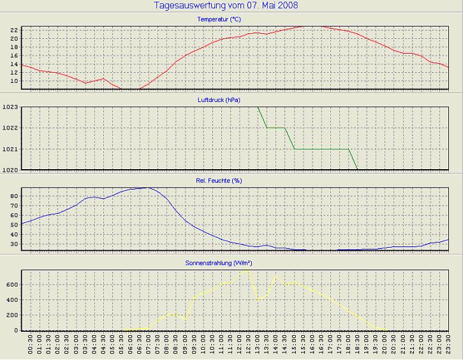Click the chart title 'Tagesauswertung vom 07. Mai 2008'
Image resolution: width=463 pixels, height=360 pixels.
click(226, 6)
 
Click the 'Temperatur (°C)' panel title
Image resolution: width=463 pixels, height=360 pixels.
click(219, 20)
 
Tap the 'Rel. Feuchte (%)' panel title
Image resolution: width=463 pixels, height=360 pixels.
click(219, 181)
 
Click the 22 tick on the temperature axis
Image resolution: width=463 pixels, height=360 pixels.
click(13, 30)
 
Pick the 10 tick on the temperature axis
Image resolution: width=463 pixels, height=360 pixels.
click(13, 81)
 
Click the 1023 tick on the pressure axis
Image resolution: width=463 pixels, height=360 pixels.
click(10, 107)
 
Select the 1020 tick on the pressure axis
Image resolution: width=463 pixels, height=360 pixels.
click(10, 170)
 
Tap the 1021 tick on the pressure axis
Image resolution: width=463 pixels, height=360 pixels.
click(10, 149)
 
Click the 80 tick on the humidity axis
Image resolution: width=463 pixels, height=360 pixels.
click(13, 196)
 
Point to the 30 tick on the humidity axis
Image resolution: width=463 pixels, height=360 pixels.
click(13, 244)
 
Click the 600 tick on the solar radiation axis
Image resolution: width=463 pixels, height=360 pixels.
click(11, 285)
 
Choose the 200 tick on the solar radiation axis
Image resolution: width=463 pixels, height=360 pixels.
click(11, 315)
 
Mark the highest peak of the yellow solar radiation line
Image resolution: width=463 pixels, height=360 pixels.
click(247, 269)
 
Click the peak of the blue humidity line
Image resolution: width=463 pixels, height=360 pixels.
click(148, 188)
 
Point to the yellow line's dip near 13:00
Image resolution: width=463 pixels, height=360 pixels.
click(258, 300)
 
